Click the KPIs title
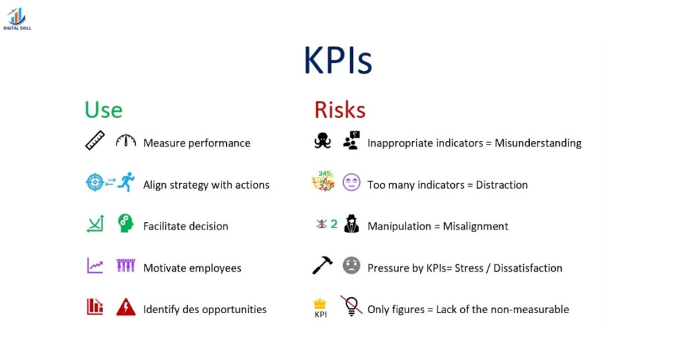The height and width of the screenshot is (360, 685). [x=337, y=61]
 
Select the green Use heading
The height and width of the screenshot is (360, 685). [x=103, y=109]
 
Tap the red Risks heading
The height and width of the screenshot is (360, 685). [x=340, y=109]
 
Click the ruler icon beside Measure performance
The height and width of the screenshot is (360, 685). [x=95, y=141]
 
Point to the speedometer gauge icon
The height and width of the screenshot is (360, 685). [x=125, y=141]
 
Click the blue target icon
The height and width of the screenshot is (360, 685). [x=95, y=183]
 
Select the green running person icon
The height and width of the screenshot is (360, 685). [x=126, y=183]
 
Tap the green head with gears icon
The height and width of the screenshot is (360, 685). [x=126, y=224]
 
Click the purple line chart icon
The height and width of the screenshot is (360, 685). [x=95, y=266]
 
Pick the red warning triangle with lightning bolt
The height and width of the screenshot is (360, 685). [x=126, y=307]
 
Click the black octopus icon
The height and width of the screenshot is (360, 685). [x=322, y=141]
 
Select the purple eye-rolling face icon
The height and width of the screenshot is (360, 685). [x=351, y=183]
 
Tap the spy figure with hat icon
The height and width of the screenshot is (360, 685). [x=351, y=224]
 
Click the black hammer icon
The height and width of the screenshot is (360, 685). [x=322, y=266]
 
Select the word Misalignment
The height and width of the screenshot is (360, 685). [x=476, y=226]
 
